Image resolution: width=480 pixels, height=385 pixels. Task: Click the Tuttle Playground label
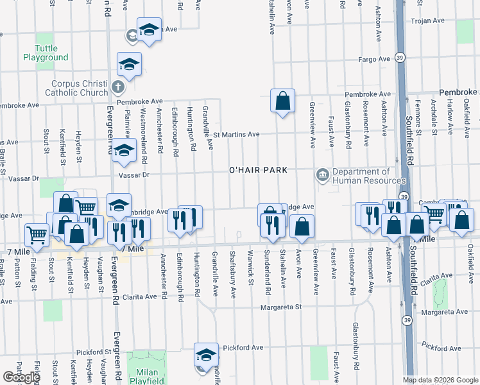pyautogui.click(x=46, y=53)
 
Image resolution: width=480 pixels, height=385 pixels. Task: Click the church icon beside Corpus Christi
pyautogui.click(x=117, y=86)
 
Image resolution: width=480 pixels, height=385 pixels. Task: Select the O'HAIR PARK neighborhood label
pyautogui.click(x=257, y=170)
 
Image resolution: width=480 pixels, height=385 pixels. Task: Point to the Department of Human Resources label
pyautogui.click(x=362, y=176)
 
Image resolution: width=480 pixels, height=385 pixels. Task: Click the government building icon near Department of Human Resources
pyautogui.click(x=321, y=174)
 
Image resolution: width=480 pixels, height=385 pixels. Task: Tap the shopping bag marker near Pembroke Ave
pyautogui.click(x=282, y=101)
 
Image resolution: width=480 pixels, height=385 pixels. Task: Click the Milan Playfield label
pyautogui.click(x=147, y=377)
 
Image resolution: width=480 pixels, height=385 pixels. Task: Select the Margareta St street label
pyautogui.click(x=280, y=307)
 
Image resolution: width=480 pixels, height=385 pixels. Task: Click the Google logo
pyautogui.click(x=21, y=377)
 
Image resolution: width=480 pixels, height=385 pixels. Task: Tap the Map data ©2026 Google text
pyautogui.click(x=440, y=380)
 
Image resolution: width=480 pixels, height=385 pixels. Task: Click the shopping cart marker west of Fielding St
pyautogui.click(x=37, y=235)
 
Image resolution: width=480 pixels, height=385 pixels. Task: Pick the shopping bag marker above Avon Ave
pyautogui.click(x=302, y=227)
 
